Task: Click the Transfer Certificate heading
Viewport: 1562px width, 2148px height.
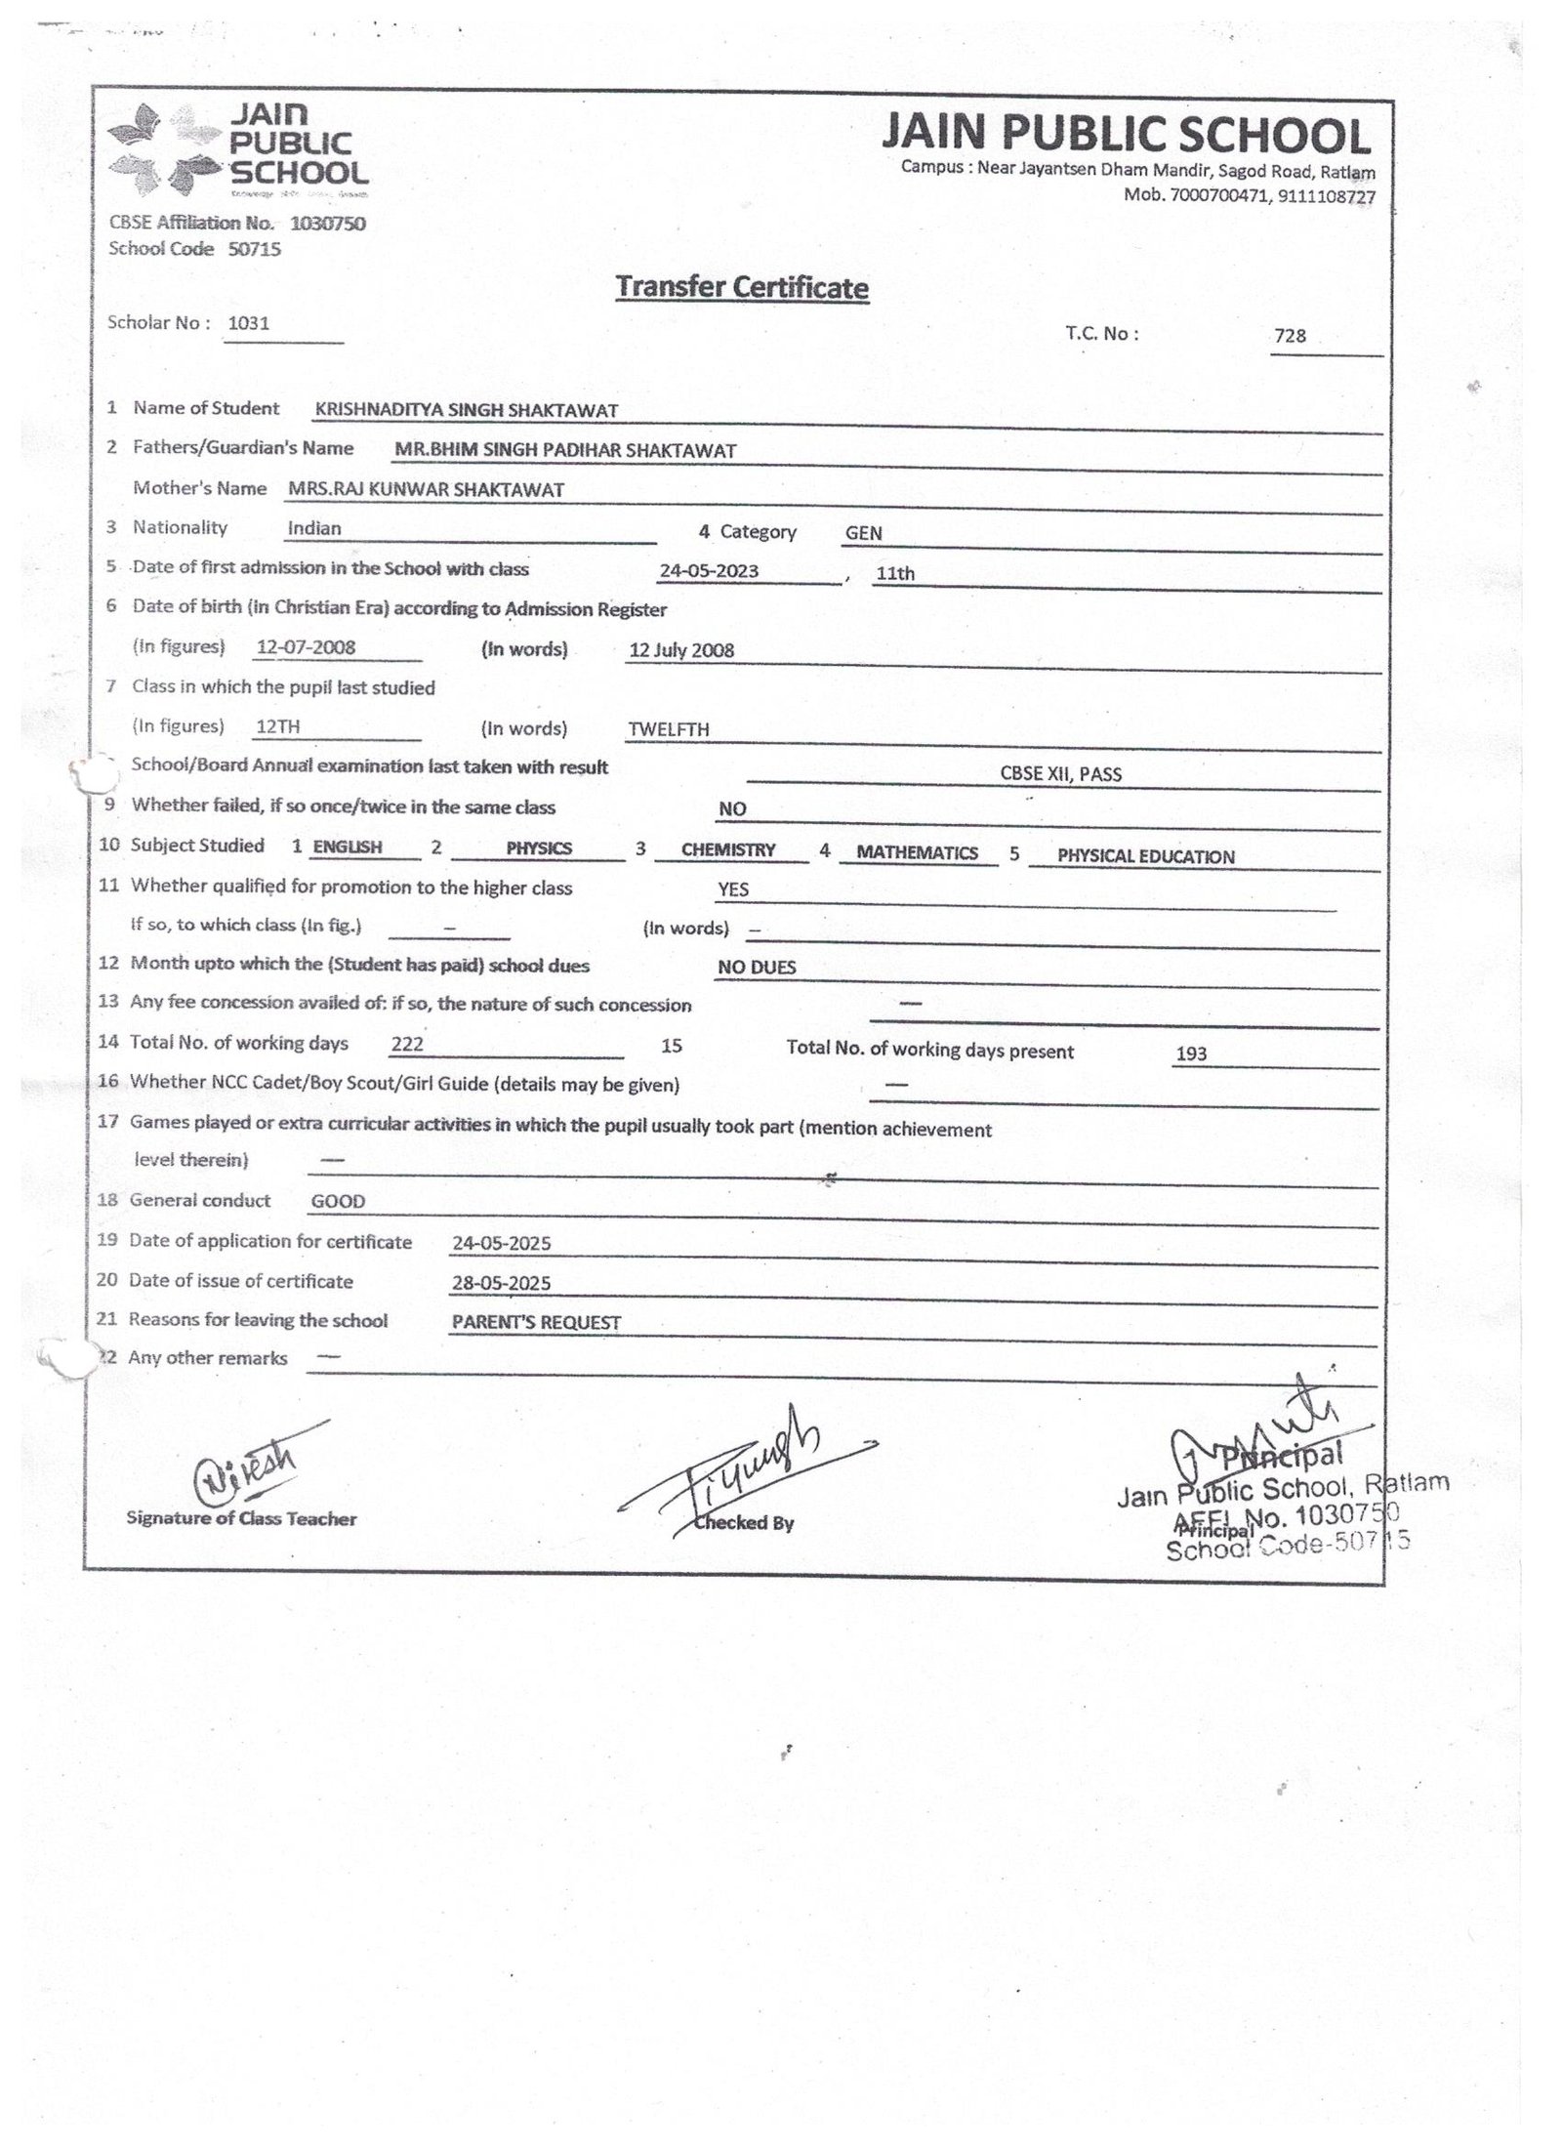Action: click(x=741, y=287)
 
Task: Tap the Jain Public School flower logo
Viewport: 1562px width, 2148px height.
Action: click(x=161, y=148)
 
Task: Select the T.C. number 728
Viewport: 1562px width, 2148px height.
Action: click(x=1290, y=336)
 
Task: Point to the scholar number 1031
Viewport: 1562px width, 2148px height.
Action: click(x=248, y=323)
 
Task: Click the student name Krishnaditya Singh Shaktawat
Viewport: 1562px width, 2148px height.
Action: click(x=466, y=411)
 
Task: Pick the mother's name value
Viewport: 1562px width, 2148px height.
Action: click(x=426, y=490)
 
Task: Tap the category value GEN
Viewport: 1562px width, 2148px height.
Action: click(x=864, y=533)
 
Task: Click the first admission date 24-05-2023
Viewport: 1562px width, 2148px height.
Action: click(x=709, y=571)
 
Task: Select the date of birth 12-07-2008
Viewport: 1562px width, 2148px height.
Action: click(x=306, y=647)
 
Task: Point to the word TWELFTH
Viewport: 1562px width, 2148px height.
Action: click(x=669, y=729)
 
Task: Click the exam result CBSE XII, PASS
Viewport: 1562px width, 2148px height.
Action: click(x=1060, y=774)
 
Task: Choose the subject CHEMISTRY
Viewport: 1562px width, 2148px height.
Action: click(x=728, y=850)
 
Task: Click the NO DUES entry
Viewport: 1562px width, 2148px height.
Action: click(x=757, y=968)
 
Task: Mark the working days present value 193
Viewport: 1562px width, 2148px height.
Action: click(x=1191, y=1053)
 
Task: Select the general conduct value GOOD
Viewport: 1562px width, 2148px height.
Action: click(x=338, y=1202)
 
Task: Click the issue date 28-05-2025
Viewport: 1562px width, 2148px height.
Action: click(x=501, y=1283)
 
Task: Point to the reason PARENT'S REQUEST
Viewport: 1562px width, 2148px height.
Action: click(x=536, y=1323)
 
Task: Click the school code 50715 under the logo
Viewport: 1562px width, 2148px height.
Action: click(x=254, y=249)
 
